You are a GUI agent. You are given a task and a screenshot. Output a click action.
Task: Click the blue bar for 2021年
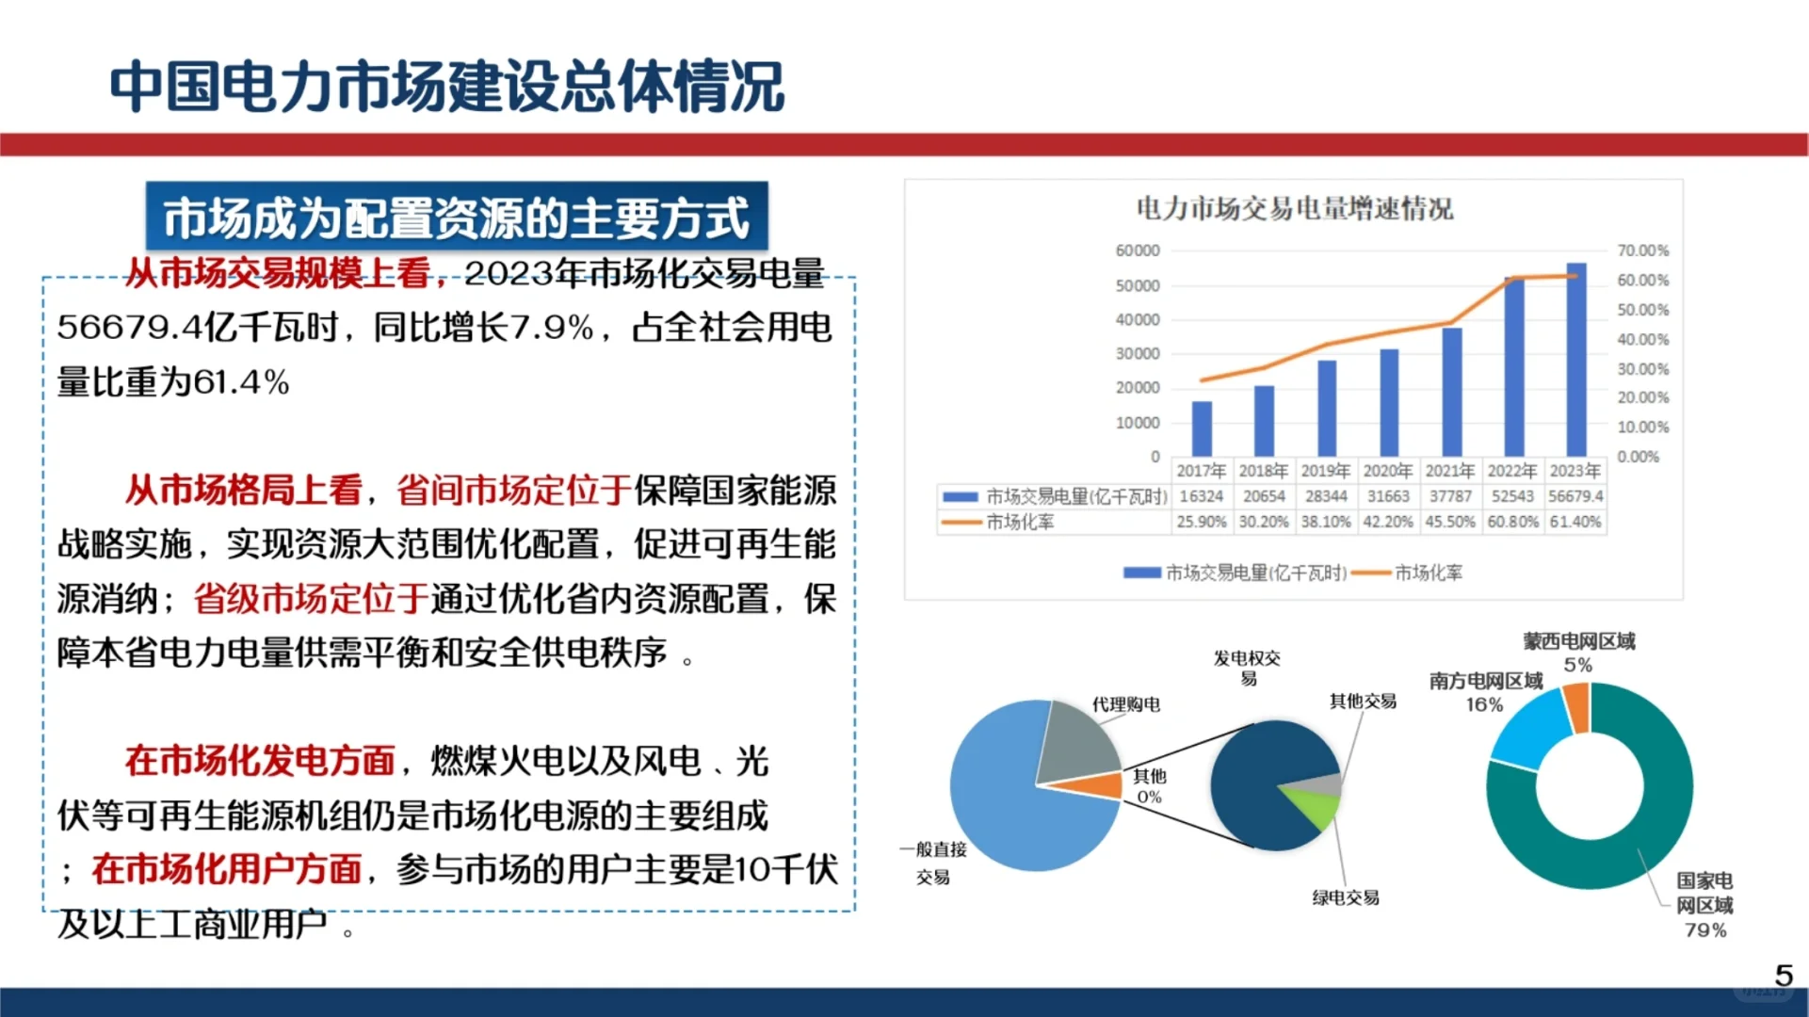pyautogui.click(x=1451, y=392)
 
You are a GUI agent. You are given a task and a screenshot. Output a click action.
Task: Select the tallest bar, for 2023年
pyautogui.click(x=1575, y=360)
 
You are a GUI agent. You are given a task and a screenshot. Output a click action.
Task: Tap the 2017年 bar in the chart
pyautogui.click(x=1202, y=428)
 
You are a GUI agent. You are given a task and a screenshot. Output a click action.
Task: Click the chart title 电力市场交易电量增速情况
pyautogui.click(x=1294, y=208)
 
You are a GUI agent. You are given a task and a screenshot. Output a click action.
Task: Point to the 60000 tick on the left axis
pyautogui.click(x=1137, y=250)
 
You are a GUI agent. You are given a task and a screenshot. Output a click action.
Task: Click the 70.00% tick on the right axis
pyautogui.click(x=1642, y=250)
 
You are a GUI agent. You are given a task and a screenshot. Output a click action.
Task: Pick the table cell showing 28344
pyautogui.click(x=1325, y=496)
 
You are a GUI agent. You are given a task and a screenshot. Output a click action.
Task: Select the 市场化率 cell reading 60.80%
pyautogui.click(x=1512, y=522)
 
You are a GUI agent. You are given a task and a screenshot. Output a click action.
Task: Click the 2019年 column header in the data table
pyautogui.click(x=1325, y=471)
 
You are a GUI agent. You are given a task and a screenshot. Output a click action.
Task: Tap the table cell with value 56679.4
pyautogui.click(x=1575, y=496)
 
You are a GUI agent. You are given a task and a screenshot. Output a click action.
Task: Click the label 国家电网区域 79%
pyautogui.click(x=1704, y=905)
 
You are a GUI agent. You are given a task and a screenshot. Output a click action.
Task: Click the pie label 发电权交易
pyautogui.click(x=1247, y=668)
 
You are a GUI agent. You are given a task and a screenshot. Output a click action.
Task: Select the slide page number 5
pyautogui.click(x=1783, y=975)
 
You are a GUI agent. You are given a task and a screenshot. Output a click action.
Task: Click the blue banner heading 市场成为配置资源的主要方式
pyautogui.click(x=457, y=218)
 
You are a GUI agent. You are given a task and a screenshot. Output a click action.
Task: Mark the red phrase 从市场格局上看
pyautogui.click(x=243, y=491)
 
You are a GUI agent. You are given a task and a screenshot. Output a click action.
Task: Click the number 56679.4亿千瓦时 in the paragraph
pyautogui.click(x=197, y=328)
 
